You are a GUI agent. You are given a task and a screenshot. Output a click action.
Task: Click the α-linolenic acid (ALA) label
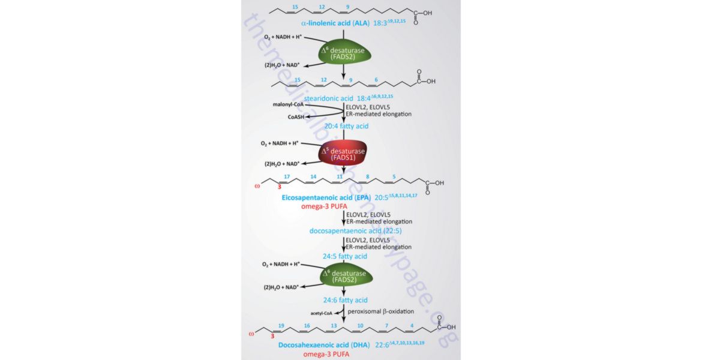click(x=338, y=23)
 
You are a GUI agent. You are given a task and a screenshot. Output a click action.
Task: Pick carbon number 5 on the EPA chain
click(x=394, y=177)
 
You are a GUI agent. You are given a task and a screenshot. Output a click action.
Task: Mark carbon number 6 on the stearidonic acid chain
click(x=376, y=79)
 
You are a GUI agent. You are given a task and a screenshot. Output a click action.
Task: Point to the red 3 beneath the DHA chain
click(x=272, y=337)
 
